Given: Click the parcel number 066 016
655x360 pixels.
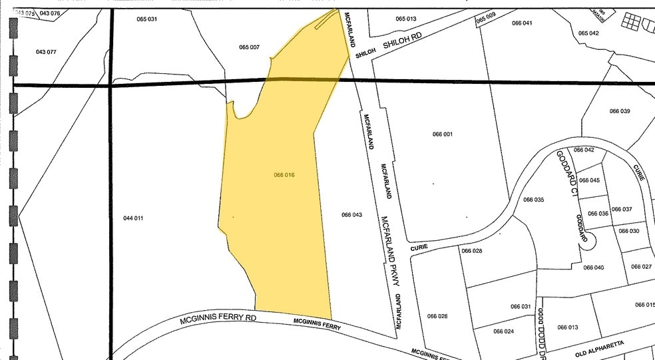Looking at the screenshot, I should (x=284, y=175).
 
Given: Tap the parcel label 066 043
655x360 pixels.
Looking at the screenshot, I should (x=351, y=214).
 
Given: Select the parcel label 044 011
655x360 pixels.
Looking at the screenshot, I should (x=133, y=218).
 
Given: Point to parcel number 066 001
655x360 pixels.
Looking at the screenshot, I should (x=442, y=134).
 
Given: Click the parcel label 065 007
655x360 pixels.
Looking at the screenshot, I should (x=249, y=47).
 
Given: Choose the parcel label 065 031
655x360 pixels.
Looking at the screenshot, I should (x=146, y=19).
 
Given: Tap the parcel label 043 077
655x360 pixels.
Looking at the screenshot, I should (x=46, y=52).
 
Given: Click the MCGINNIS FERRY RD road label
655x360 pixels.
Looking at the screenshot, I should (x=218, y=319).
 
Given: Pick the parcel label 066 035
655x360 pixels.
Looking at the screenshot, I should (x=533, y=200).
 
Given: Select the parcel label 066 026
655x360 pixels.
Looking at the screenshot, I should (x=437, y=316).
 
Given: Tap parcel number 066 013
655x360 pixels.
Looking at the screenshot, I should (x=568, y=327).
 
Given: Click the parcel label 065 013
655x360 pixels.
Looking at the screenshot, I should (x=405, y=19).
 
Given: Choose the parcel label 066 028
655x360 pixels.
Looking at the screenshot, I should (x=471, y=251).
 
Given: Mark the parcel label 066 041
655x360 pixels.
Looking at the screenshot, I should (x=522, y=23).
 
